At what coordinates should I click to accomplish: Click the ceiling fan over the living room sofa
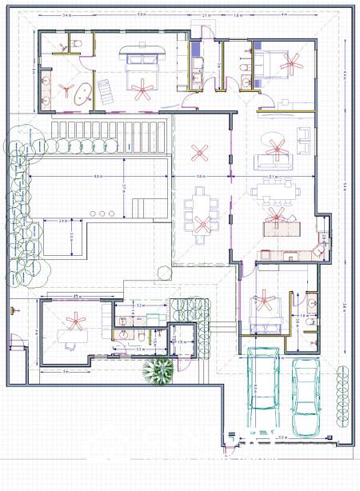tap(278, 146)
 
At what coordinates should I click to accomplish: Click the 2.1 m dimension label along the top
tap(206, 15)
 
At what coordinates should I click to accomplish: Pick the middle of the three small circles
tap(103, 212)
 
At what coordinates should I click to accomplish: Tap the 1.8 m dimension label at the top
tap(238, 15)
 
